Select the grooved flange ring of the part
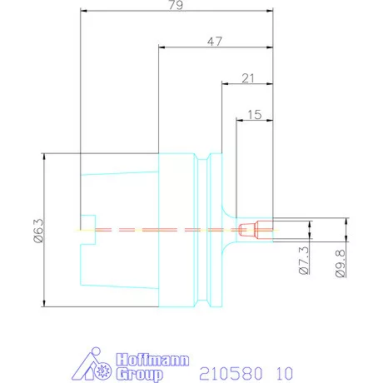208,230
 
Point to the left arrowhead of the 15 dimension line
239,120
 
